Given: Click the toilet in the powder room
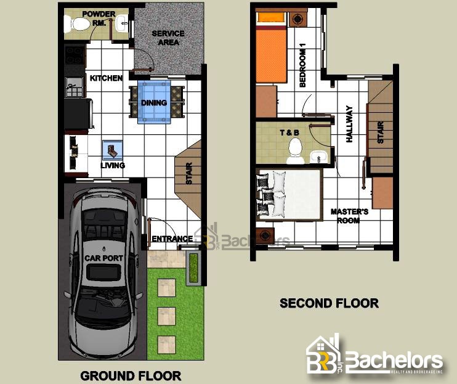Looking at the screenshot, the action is coord(77,24).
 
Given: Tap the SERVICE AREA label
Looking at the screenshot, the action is coord(168,38).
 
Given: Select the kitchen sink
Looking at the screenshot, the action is coord(74,87).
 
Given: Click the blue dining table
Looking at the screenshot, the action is coord(154,102).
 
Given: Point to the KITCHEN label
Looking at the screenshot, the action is coord(106,78).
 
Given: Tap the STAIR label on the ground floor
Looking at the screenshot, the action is coord(189,173).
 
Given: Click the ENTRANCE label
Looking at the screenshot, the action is coord(172,239).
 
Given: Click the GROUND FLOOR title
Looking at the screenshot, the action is coord(131,376).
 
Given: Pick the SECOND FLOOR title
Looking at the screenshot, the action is coord(329,303).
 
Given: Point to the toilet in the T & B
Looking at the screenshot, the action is coord(295,151).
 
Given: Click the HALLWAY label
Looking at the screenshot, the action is coord(349,124).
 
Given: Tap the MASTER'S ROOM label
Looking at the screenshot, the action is coord(349,216).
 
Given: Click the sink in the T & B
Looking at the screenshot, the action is coord(318,157).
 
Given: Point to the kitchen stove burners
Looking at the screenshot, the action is coord(74,55).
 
